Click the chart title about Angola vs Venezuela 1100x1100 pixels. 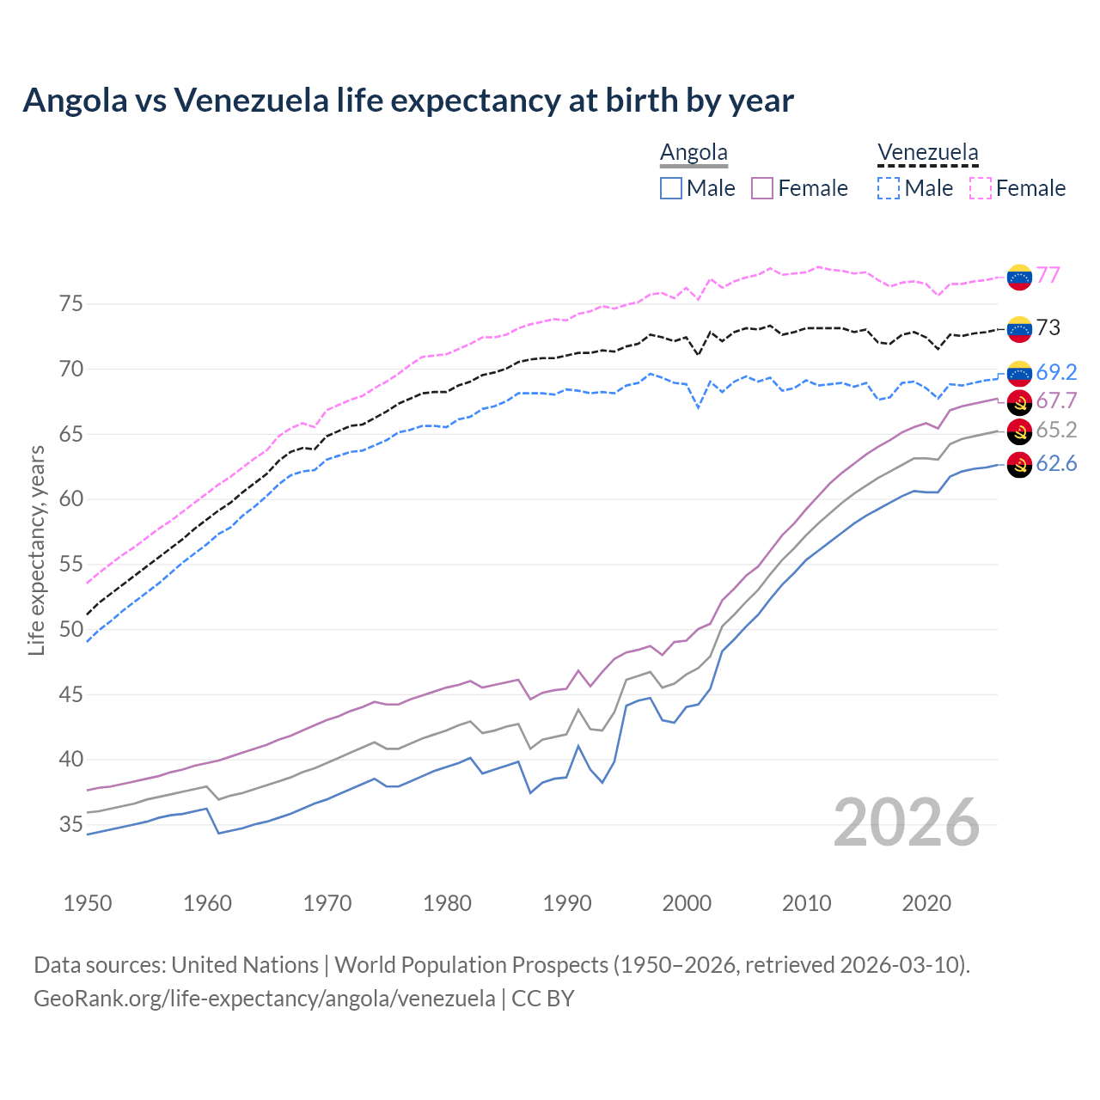coord(408,101)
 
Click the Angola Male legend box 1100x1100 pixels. coord(671,188)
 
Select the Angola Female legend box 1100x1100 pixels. coord(763,188)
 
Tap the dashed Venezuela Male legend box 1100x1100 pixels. coord(889,188)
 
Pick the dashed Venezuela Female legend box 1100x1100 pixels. coord(981,188)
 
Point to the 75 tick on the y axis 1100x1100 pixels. coord(71,304)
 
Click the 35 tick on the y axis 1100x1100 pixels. coord(71,825)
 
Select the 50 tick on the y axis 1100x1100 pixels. coord(71,630)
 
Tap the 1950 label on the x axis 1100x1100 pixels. coord(88,903)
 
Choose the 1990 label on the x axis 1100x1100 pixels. coord(567,903)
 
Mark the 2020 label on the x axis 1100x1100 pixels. coord(926,903)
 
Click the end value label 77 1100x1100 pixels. coord(1048,275)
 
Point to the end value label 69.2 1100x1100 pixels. coord(1056,372)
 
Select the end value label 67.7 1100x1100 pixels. coord(1056,400)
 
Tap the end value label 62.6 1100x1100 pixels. coord(1056,464)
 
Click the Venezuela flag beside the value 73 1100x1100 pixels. coord(1019,328)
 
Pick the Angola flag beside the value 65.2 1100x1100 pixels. coord(1019,431)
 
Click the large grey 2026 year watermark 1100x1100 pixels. coord(907,822)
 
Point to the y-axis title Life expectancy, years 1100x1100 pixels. coord(37,550)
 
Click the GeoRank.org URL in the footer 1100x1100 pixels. coord(265,999)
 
